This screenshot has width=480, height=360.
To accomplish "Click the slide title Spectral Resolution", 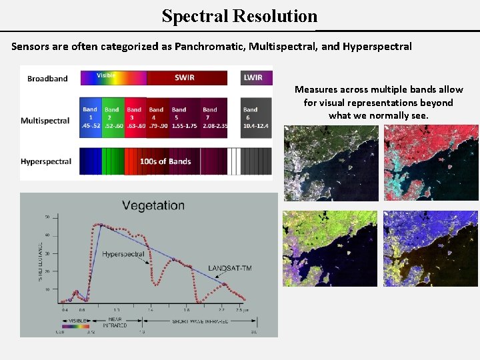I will click(239, 16).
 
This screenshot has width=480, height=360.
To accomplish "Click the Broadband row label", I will click(47, 79).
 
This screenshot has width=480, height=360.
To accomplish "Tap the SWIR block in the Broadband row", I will click(185, 77).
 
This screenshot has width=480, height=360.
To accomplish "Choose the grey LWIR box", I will click(253, 77).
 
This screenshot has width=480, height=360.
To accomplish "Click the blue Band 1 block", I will click(90, 118).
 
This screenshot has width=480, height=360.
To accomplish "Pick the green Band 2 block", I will click(112, 118).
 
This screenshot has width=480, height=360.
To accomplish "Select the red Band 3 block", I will click(135, 118).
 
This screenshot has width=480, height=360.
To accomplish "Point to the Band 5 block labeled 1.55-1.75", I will click(179, 118).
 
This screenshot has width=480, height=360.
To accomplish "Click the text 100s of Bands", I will click(165, 161).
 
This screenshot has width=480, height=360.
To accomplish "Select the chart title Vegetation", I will click(153, 205).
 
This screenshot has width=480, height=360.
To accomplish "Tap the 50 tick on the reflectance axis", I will click(47, 217).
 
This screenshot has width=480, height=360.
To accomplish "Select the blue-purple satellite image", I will click(431, 248).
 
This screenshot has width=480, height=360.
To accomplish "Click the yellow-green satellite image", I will click(331, 248).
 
